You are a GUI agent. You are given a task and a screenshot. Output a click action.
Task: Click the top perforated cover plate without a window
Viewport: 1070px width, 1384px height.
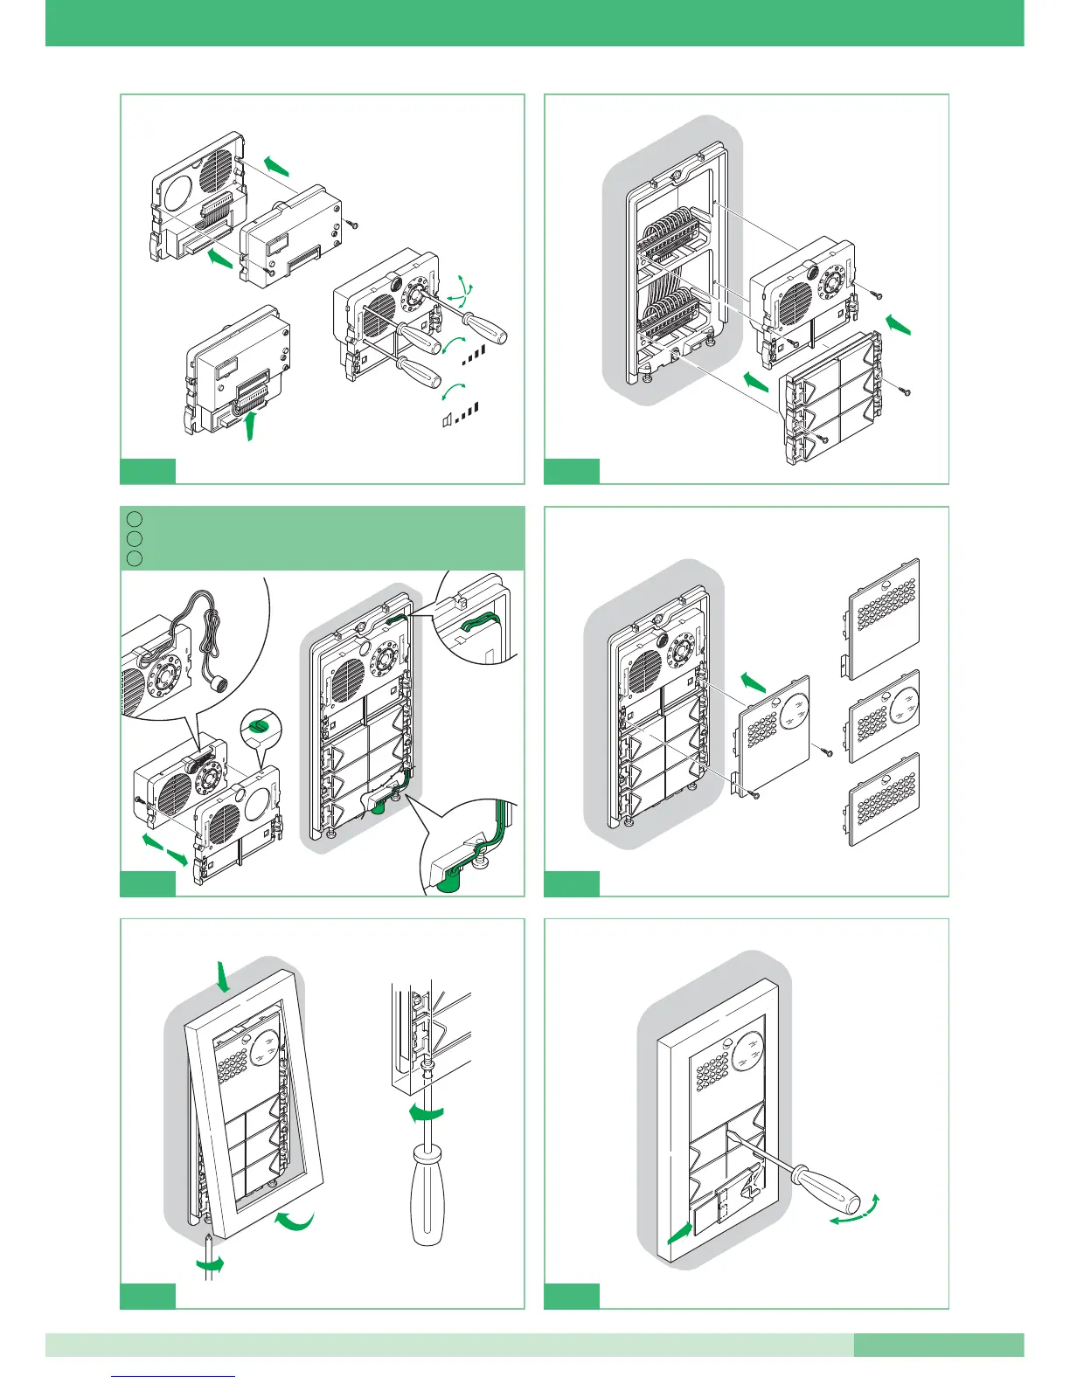(884, 619)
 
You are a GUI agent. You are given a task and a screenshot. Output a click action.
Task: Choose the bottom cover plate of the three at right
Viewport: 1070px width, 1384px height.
(885, 800)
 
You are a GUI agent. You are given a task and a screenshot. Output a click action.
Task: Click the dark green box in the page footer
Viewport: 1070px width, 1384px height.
(938, 1344)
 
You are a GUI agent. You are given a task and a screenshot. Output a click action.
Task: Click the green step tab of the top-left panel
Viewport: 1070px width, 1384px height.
(147, 471)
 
